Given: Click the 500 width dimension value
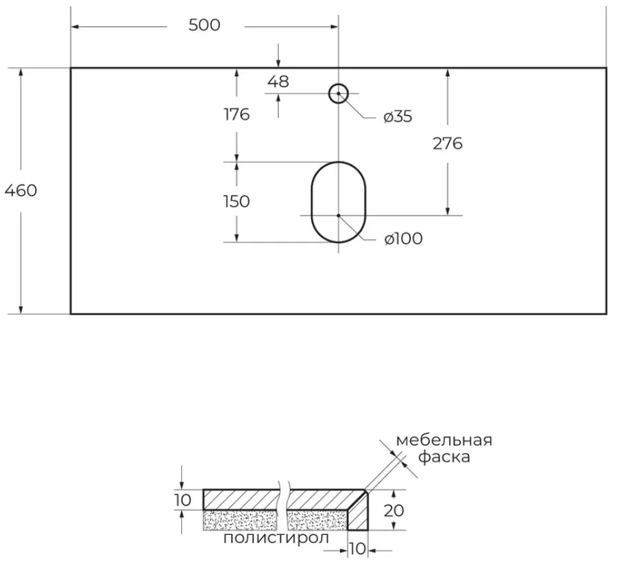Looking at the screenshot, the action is pyautogui.click(x=204, y=25).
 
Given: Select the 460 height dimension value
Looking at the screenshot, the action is pyautogui.click(x=21, y=191).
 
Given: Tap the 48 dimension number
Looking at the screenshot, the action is pyautogui.click(x=278, y=82).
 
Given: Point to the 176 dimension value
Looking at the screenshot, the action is pyautogui.click(x=237, y=115).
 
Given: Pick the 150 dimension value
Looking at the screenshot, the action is pyautogui.click(x=236, y=201).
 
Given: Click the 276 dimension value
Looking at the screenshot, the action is pyautogui.click(x=448, y=144).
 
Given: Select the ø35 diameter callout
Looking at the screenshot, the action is pyautogui.click(x=398, y=116).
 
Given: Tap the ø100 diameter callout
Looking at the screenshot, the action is pyautogui.click(x=403, y=239).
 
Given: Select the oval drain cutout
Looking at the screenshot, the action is pyautogui.click(x=312, y=202).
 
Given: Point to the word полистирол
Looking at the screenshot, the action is pyautogui.click(x=276, y=538).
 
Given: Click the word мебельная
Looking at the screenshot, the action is pyautogui.click(x=444, y=440).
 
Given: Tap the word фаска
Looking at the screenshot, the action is pyautogui.click(x=444, y=457).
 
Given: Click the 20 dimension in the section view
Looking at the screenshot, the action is pyautogui.click(x=394, y=510).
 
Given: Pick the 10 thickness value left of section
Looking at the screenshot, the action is pyautogui.click(x=183, y=500).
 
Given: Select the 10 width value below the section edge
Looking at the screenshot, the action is pyautogui.click(x=357, y=549).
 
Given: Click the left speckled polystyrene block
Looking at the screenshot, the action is pyautogui.click(x=240, y=521).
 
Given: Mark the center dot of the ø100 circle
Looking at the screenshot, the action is pyautogui.click(x=339, y=216).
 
